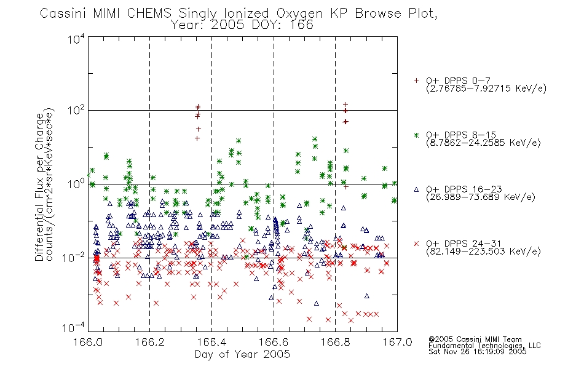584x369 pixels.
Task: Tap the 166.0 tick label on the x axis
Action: click(x=88, y=342)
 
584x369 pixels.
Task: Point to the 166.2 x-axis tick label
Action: click(x=150, y=342)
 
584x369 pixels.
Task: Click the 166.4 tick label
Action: click(x=211, y=342)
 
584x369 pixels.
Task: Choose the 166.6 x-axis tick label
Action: click(x=274, y=342)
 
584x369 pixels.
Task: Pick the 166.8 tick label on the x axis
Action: click(x=335, y=342)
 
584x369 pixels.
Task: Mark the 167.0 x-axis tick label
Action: click(x=397, y=342)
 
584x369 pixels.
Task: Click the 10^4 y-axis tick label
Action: click(x=76, y=39)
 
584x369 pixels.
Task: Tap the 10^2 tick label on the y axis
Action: click(x=76, y=111)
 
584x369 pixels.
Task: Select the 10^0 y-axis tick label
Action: click(x=76, y=184)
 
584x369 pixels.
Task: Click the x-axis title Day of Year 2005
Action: click(x=242, y=354)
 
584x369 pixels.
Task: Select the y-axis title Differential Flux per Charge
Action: click(x=39, y=187)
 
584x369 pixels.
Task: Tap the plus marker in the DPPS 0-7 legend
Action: click(x=416, y=81)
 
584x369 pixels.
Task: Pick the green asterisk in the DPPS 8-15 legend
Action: click(x=416, y=135)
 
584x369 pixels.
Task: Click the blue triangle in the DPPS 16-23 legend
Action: click(x=416, y=189)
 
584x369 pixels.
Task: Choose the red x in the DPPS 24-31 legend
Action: click(x=416, y=244)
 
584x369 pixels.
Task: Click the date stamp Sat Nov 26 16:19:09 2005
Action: click(x=478, y=352)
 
